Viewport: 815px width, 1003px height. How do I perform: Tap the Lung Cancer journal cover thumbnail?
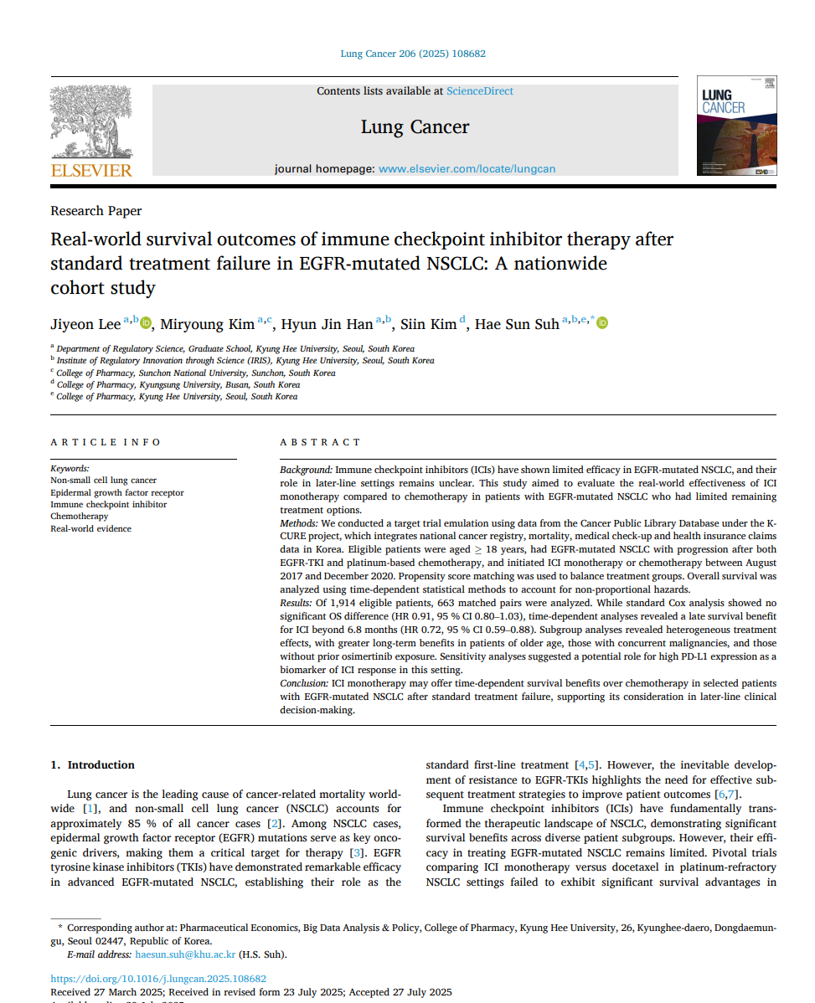(x=735, y=126)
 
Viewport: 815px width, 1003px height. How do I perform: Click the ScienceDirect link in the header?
(x=479, y=91)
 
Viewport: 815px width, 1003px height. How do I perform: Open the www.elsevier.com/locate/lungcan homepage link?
(x=467, y=169)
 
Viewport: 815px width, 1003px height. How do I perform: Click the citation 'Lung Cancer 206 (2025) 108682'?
(x=412, y=54)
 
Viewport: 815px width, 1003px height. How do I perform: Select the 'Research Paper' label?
(x=96, y=211)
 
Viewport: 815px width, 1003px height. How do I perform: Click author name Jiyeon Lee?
(x=85, y=324)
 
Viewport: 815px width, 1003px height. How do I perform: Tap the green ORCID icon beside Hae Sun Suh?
(x=602, y=323)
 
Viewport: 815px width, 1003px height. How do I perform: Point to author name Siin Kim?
(x=428, y=324)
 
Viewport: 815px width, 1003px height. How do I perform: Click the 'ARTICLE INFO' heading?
(x=106, y=442)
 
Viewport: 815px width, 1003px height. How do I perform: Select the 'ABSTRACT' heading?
(x=320, y=442)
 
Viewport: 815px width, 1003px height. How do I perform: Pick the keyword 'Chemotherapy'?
(x=80, y=517)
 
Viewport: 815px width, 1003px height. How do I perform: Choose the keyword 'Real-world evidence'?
(x=90, y=528)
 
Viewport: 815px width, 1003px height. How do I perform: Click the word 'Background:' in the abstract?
(x=306, y=471)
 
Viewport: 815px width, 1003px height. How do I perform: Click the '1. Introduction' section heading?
(x=92, y=764)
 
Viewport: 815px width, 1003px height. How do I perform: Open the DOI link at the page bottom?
(x=158, y=978)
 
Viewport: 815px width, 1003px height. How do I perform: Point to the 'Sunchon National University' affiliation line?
(x=195, y=373)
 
